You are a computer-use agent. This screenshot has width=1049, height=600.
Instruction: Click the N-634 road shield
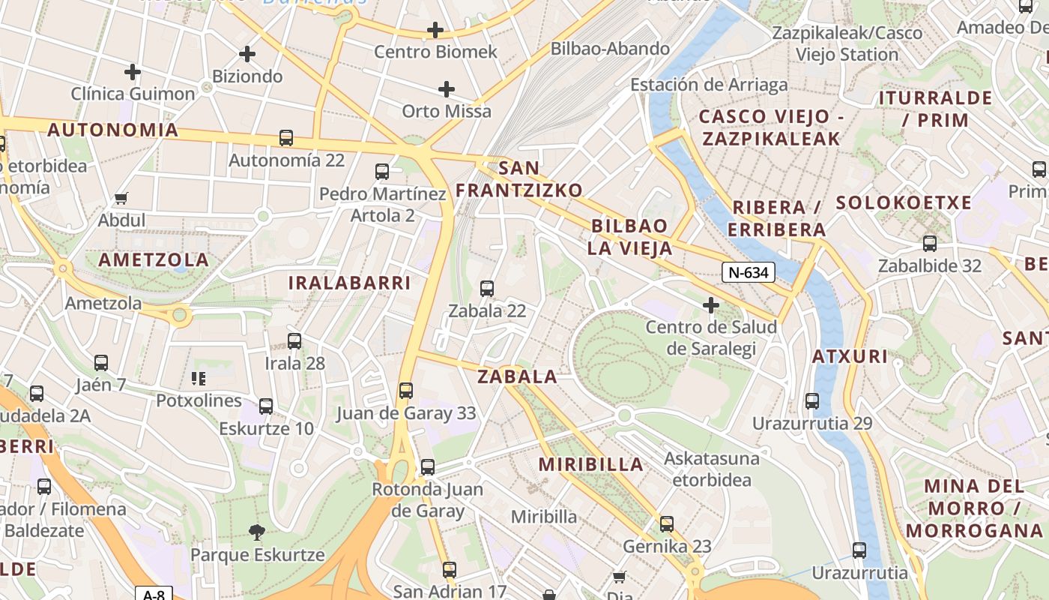coord(748,272)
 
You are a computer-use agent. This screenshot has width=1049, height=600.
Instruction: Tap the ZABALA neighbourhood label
coord(518,376)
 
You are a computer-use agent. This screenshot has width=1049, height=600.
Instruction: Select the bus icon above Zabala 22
coord(487,288)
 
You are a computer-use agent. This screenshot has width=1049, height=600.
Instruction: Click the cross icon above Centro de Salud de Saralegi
coord(711,305)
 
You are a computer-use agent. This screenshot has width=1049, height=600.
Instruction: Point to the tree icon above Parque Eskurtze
coord(257,532)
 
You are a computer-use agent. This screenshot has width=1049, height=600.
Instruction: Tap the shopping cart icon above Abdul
coord(121,199)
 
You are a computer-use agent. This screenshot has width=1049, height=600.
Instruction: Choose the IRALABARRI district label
coord(350,283)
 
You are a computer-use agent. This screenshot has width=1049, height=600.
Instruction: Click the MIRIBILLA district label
coord(591,464)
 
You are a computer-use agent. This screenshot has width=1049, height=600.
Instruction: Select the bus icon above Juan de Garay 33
coord(406,390)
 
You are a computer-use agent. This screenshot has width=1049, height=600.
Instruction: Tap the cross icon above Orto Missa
coord(447,89)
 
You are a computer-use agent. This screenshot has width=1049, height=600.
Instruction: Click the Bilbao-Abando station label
coord(610,49)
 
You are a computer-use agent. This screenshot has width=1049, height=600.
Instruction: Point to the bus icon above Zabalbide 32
coord(930,244)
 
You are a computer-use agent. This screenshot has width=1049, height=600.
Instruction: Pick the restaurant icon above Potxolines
coord(199,378)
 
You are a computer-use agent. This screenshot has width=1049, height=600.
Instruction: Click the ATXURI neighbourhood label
coord(850,356)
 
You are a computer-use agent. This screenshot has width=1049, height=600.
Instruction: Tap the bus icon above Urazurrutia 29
coord(812,401)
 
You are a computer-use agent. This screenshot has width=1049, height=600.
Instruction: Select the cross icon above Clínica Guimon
coord(133,72)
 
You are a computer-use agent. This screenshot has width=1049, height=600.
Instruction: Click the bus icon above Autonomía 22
coord(286,138)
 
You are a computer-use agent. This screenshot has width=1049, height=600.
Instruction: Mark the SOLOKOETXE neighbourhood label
coord(904,202)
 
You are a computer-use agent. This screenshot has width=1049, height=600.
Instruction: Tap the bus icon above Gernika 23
coord(667,524)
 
